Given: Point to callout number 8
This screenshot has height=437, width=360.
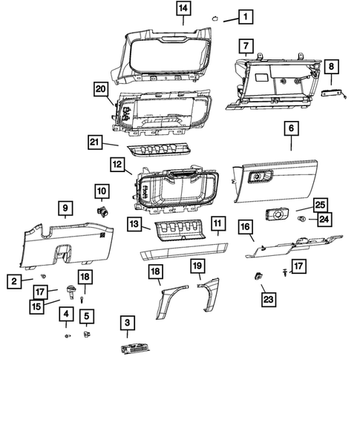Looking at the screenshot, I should (x=332, y=68).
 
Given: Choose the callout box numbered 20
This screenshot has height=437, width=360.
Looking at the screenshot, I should (x=100, y=88).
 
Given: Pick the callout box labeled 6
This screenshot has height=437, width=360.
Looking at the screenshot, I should (x=291, y=128).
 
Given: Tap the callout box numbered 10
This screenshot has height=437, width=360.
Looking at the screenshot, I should (x=101, y=191).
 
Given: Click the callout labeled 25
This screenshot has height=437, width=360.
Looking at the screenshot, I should (x=320, y=204).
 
